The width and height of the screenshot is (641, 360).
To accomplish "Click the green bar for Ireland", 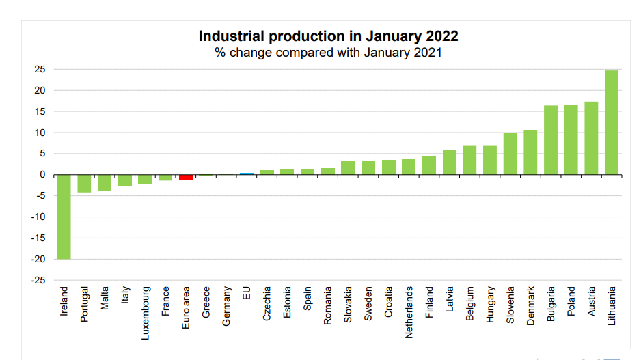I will (64, 217).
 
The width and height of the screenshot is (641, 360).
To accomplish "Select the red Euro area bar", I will (185, 178).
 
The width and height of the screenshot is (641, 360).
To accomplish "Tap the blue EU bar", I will (247, 174).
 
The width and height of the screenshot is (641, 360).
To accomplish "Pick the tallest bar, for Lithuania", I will (612, 122).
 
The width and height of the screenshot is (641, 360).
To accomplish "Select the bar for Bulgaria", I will (551, 140).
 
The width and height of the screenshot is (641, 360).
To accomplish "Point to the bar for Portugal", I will (84, 183).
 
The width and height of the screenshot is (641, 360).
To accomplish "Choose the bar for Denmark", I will (530, 152).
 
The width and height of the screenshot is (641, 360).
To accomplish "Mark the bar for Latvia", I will (449, 163).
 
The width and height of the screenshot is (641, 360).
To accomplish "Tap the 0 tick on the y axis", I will (42, 175).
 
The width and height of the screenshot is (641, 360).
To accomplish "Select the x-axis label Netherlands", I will (409, 303).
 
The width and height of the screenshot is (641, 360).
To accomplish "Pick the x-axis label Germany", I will (227, 305).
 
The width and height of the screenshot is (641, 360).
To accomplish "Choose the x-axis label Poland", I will (571, 300).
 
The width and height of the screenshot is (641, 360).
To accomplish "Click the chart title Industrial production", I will (328, 36).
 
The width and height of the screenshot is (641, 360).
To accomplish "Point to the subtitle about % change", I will (328, 53).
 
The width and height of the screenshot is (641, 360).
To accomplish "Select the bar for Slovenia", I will (510, 154).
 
